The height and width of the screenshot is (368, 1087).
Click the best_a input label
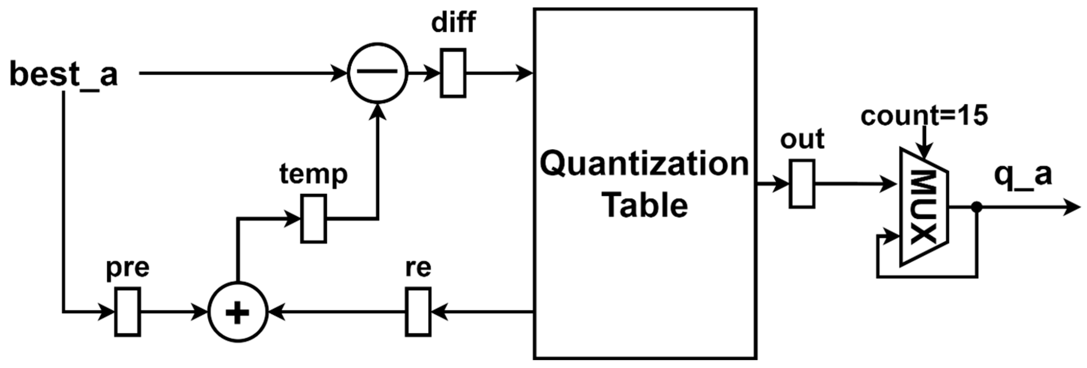(63, 75)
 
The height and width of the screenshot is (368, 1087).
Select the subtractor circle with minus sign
(377, 72)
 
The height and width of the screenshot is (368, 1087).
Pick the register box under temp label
(314, 219)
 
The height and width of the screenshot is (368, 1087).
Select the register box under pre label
(127, 312)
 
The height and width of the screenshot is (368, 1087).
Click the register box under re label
(418, 312)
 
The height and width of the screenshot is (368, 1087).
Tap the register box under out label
(801, 184)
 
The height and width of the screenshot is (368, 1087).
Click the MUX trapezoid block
(924, 207)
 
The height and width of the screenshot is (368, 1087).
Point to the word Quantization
(645, 164)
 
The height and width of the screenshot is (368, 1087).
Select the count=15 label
(924, 115)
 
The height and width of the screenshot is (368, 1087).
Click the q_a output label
(1023, 175)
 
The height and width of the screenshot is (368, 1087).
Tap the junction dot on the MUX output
(977, 207)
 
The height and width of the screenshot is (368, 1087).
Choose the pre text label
(127, 268)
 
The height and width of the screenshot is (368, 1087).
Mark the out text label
(802, 139)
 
